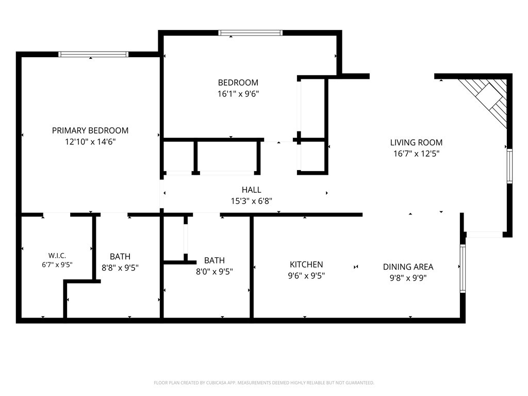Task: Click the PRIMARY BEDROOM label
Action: point(90,130)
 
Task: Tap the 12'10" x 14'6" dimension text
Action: point(90,142)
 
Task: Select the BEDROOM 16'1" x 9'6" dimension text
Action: point(238,94)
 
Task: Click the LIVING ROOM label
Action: point(416,142)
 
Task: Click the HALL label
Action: point(251,190)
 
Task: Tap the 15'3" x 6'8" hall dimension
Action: point(251,201)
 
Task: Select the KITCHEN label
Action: point(306,265)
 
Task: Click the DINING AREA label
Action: point(408,267)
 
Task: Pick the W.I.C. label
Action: point(57,256)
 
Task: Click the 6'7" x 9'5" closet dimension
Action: point(57,265)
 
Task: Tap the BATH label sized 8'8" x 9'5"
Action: point(120,256)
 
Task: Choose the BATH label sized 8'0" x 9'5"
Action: point(214,260)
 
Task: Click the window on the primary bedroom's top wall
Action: point(93,54)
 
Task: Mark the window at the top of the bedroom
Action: point(250,32)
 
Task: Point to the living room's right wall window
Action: point(509,166)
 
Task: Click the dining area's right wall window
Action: point(463,268)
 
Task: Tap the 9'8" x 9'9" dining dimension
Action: point(408,278)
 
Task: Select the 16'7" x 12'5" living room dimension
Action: point(416,154)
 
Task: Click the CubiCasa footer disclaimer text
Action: point(264,383)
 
